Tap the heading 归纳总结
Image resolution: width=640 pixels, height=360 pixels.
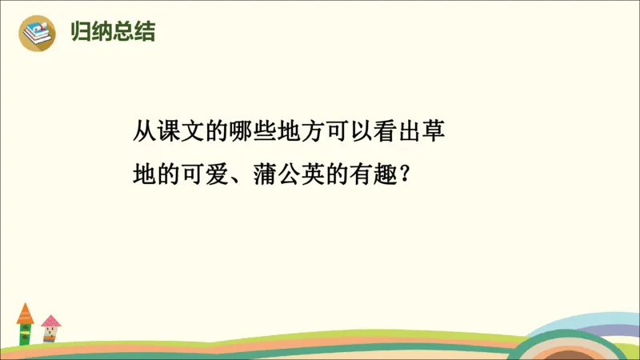(x=113, y=32)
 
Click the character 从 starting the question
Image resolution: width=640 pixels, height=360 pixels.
(x=146, y=131)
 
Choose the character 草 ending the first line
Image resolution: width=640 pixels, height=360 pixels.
(x=433, y=131)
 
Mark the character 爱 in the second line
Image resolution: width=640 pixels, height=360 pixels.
(x=214, y=174)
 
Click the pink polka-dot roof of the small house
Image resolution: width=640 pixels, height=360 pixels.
(x=50, y=321)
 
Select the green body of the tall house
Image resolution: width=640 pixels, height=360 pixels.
(x=26, y=333)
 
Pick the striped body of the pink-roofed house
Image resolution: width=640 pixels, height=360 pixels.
(x=50, y=335)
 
